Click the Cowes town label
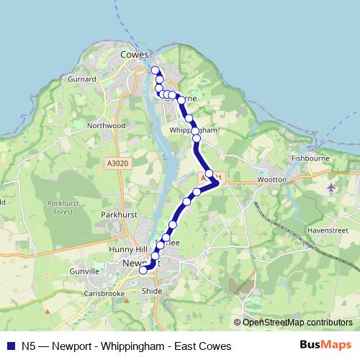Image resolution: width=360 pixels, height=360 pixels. (x=135, y=54)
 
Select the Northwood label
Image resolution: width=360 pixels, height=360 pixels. (x=105, y=125)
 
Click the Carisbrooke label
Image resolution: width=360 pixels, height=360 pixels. (x=104, y=294)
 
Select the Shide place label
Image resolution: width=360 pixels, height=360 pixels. (x=153, y=291)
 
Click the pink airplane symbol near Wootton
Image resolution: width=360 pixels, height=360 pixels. (x=330, y=188)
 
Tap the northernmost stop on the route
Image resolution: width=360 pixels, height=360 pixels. (x=154, y=70)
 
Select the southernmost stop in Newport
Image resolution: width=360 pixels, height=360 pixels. (x=143, y=271)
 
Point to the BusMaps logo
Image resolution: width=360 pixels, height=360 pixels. (x=325, y=346)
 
